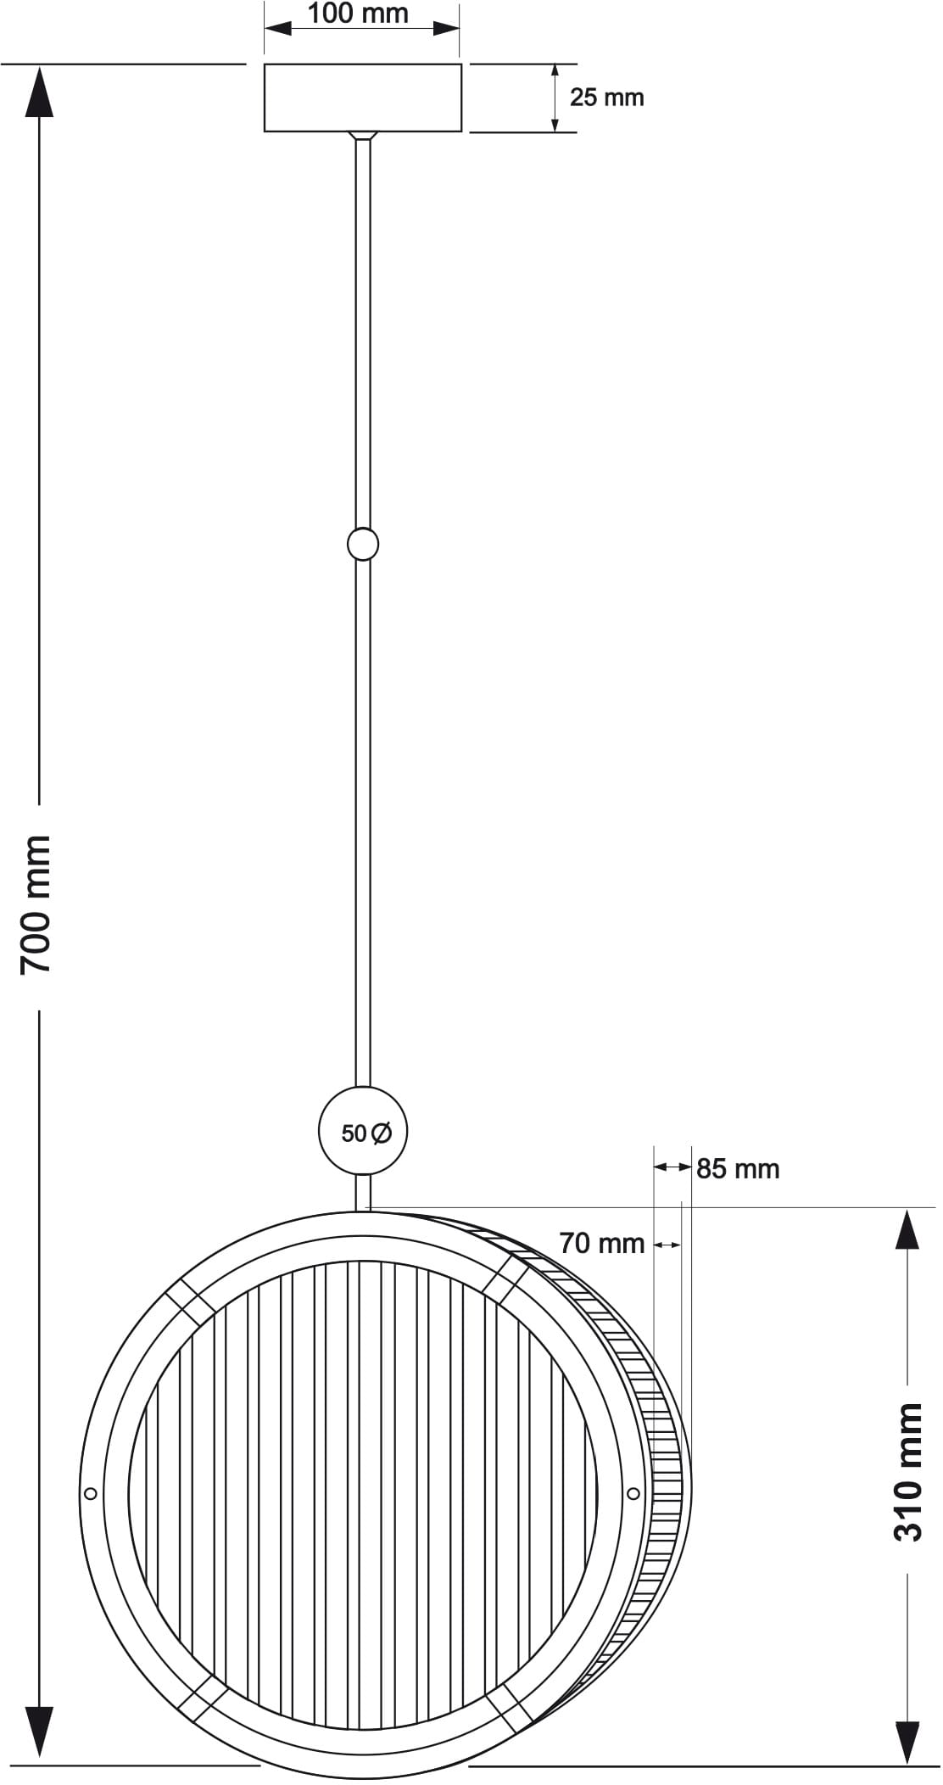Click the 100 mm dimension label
tap(358, 14)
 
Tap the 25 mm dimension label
tap(606, 98)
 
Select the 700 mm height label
tap(36, 904)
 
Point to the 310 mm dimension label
tap(907, 1472)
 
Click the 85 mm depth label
tap(738, 1169)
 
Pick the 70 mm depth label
tap(602, 1244)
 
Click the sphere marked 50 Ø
tap(363, 1132)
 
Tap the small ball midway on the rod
tap(363, 544)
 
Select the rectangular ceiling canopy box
tap(363, 98)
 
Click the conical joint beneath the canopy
tap(363, 135)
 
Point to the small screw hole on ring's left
tap(92, 1493)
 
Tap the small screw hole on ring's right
tap(633, 1493)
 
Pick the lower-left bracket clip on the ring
tap(200, 1697)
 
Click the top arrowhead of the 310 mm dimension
tap(907, 1232)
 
